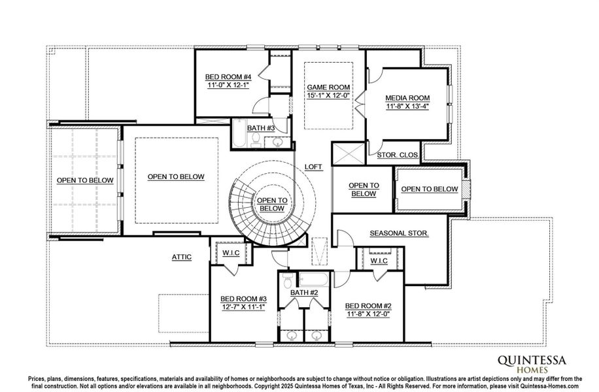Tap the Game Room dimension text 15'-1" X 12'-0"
tap(328, 95)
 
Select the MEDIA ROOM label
tap(407, 98)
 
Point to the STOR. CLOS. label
tap(398, 155)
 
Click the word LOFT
tap(313, 167)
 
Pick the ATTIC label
tap(181, 257)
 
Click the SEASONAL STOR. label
tap(399, 233)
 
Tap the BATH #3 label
tap(261, 128)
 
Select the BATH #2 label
tap(304, 293)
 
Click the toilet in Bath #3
tap(256, 140)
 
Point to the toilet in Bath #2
tap(287, 280)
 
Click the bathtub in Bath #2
tap(314, 280)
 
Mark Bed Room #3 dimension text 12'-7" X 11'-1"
tap(243, 307)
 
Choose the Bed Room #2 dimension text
tap(368, 314)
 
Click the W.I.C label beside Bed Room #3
tap(231, 253)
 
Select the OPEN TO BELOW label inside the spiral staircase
tap(272, 204)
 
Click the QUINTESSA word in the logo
tap(532, 361)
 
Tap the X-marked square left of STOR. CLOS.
tap(349, 154)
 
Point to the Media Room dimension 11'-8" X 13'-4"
tap(407, 106)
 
